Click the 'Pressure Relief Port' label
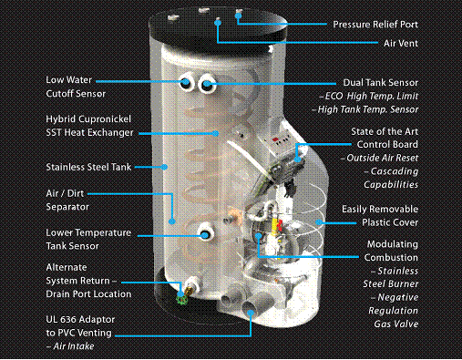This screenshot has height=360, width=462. tap(375, 25)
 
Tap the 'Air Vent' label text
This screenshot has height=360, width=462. tap(401, 43)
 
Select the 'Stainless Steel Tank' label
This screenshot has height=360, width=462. tap(88, 167)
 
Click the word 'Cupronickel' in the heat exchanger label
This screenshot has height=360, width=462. tap(105, 119)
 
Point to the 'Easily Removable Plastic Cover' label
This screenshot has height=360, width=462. tap(380, 216)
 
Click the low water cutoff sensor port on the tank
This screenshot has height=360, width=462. tap(186, 81)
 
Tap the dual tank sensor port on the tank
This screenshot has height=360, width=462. tap(207, 84)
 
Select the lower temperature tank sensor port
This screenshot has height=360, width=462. tap(206, 234)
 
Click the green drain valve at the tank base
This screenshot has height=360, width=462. tap(182, 299)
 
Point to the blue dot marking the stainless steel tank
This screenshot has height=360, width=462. tap(164, 167)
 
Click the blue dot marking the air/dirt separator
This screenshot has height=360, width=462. tap(172, 221)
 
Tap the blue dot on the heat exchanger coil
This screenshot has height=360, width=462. tap(215, 133)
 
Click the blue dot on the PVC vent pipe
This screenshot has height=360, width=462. tap(251, 313)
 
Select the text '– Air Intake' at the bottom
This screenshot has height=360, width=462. tap(70, 346)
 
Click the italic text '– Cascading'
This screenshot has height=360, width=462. tap(392, 171)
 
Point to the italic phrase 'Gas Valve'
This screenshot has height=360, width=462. tap(396, 324)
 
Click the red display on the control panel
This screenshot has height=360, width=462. tap(275, 140)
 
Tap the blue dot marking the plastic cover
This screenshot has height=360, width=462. tap(319, 222)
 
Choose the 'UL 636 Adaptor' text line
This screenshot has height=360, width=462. tap(80, 320)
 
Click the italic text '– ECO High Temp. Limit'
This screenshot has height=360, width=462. tap(369, 96)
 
